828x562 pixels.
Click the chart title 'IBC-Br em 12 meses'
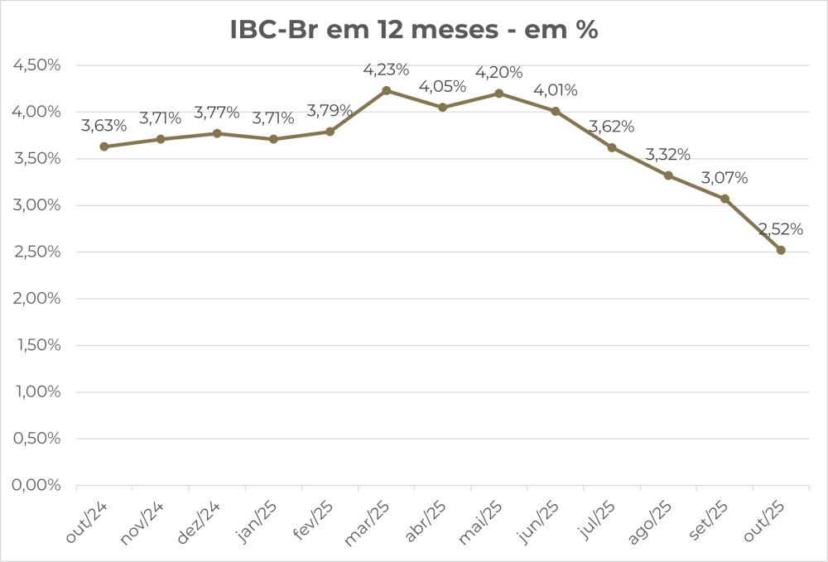point(414,30)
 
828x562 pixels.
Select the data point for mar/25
point(386,90)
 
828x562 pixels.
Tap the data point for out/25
point(781,250)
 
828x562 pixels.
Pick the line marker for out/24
point(104,147)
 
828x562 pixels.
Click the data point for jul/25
point(612,147)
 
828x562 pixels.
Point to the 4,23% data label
point(386,70)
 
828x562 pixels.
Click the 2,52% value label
point(781,229)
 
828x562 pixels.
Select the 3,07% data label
point(724,178)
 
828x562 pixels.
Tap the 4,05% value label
point(442,86)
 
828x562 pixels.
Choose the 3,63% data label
point(104,126)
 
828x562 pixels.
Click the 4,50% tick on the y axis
point(37,65)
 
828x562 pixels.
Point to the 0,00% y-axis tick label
point(37,485)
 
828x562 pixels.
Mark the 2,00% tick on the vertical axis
point(37,299)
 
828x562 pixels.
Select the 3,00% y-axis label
point(37,205)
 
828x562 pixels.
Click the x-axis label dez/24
point(199,521)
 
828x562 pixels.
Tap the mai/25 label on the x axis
point(481,521)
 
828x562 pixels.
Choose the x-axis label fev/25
point(311,521)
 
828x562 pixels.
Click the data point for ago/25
point(668,175)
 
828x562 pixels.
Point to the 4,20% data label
point(498,73)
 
